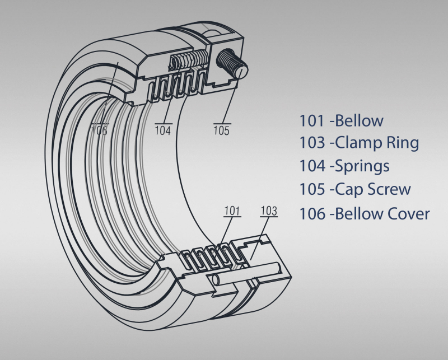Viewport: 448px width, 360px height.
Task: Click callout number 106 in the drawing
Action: (x=99, y=131)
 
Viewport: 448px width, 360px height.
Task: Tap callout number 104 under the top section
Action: (x=163, y=131)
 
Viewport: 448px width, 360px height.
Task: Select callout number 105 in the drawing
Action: (x=221, y=131)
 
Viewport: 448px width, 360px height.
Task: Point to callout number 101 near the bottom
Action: (x=232, y=211)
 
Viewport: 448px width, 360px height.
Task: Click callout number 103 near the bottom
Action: (x=269, y=211)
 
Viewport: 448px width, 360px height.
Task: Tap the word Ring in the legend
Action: (x=402, y=143)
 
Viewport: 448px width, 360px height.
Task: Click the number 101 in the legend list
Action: (x=311, y=120)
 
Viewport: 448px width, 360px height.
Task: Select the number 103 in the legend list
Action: (x=312, y=143)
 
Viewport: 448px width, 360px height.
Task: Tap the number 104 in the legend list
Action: (x=312, y=166)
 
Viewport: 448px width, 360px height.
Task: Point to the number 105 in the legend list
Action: (x=312, y=189)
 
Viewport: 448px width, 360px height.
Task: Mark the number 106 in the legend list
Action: (x=312, y=213)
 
